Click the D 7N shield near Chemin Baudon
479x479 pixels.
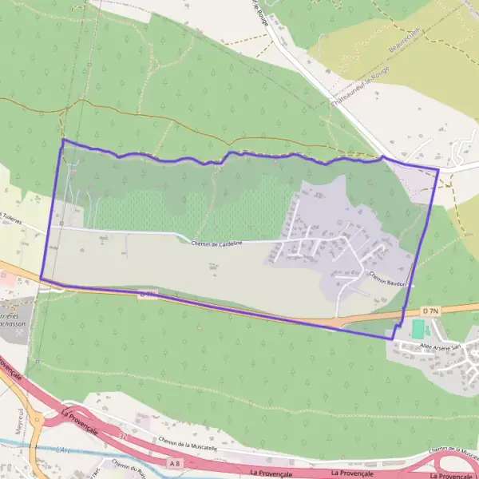[431, 310]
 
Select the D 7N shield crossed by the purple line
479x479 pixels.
[146, 294]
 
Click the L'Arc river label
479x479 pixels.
[67, 449]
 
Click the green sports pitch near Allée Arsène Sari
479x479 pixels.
[418, 328]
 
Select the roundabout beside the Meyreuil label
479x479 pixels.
[35, 418]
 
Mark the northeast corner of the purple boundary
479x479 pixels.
[438, 169]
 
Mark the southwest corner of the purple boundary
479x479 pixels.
[41, 278]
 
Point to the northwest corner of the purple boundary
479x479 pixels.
[62, 140]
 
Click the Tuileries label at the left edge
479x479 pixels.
[11, 216]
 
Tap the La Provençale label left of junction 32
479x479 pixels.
[80, 421]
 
